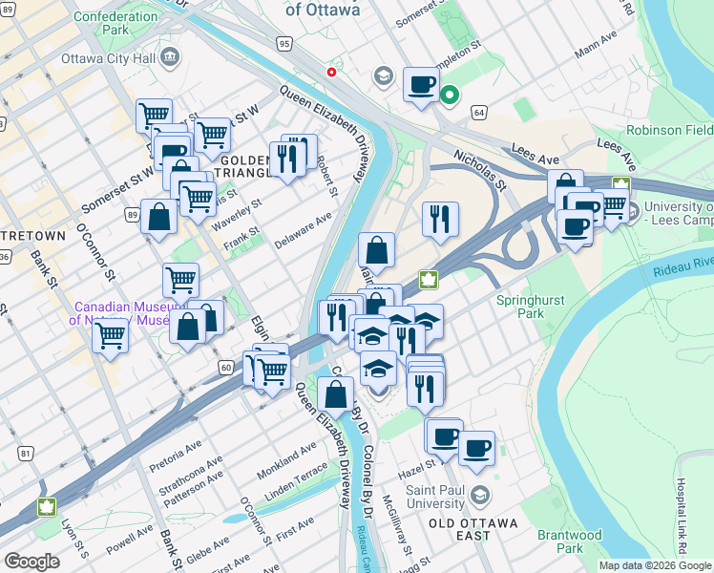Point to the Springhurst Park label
pyautogui.click(x=532, y=307)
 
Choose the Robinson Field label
pyautogui.click(x=669, y=129)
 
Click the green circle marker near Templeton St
pyautogui.click(x=449, y=95)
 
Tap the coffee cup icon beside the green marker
pyautogui.click(x=421, y=84)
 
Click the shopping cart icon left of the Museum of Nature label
pyautogui.click(x=111, y=335)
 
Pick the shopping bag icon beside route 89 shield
pyautogui.click(x=158, y=217)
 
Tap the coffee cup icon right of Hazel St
pyautogui.click(x=476, y=447)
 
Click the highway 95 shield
pyautogui.click(x=283, y=43)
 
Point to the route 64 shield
pyautogui.click(x=478, y=113)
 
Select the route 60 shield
pyautogui.click(x=225, y=367)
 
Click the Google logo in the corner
pyautogui.click(x=31, y=562)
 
